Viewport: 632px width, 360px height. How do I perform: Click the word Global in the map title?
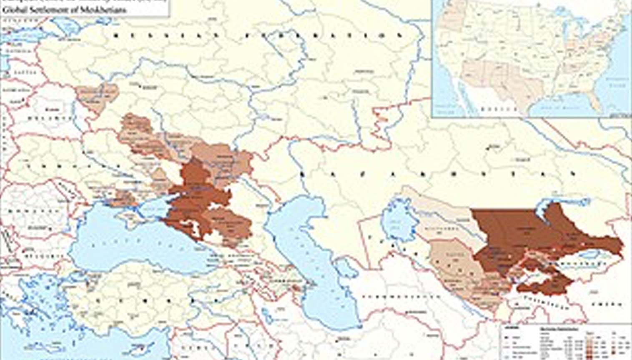(12, 9)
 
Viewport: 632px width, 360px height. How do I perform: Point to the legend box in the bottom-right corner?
(565, 342)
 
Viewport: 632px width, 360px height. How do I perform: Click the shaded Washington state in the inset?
(452, 10)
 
